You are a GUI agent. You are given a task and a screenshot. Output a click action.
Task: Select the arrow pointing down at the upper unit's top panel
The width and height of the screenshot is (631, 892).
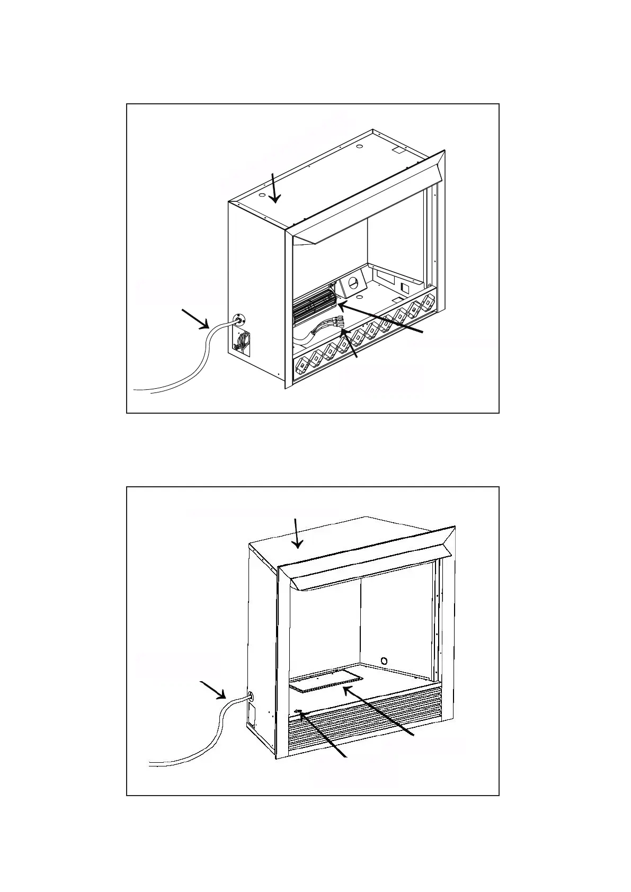pos(273,188)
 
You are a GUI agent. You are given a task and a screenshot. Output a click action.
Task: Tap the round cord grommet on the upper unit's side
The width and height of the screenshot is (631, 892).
pos(239,319)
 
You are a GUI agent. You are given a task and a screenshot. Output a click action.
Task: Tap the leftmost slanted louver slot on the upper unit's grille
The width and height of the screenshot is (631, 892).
pos(301,365)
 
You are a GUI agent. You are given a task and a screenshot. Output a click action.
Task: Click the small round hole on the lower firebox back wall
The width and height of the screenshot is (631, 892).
pos(385,661)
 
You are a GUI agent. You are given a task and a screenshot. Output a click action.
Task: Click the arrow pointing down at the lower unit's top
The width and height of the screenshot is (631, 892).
pos(297,533)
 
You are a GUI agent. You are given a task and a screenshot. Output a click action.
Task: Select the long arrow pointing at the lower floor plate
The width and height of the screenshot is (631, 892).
pos(377,711)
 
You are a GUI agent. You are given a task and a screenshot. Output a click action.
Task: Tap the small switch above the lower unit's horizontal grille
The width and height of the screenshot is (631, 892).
pos(298,712)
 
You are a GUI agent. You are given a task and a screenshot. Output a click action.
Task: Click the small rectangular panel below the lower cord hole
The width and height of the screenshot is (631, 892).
pos(252,715)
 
